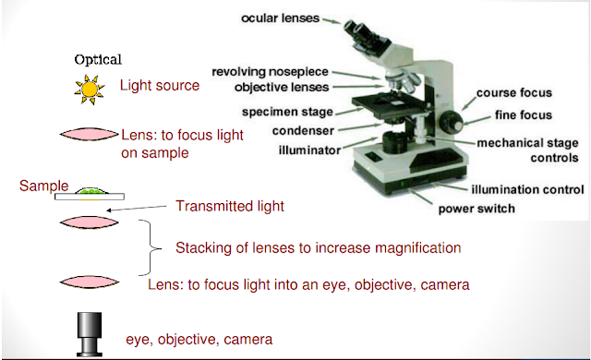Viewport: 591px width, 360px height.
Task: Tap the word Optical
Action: [98, 58]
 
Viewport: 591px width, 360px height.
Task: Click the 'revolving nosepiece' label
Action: [271, 71]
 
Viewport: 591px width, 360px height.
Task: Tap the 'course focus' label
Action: [514, 93]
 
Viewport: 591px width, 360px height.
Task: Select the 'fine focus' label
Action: [522, 114]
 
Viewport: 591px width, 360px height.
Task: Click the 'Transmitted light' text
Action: [230, 207]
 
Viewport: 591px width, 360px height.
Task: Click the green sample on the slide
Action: [89, 190]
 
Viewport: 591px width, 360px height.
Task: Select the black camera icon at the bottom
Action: [90, 334]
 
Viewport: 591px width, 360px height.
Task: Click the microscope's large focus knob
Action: [452, 122]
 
